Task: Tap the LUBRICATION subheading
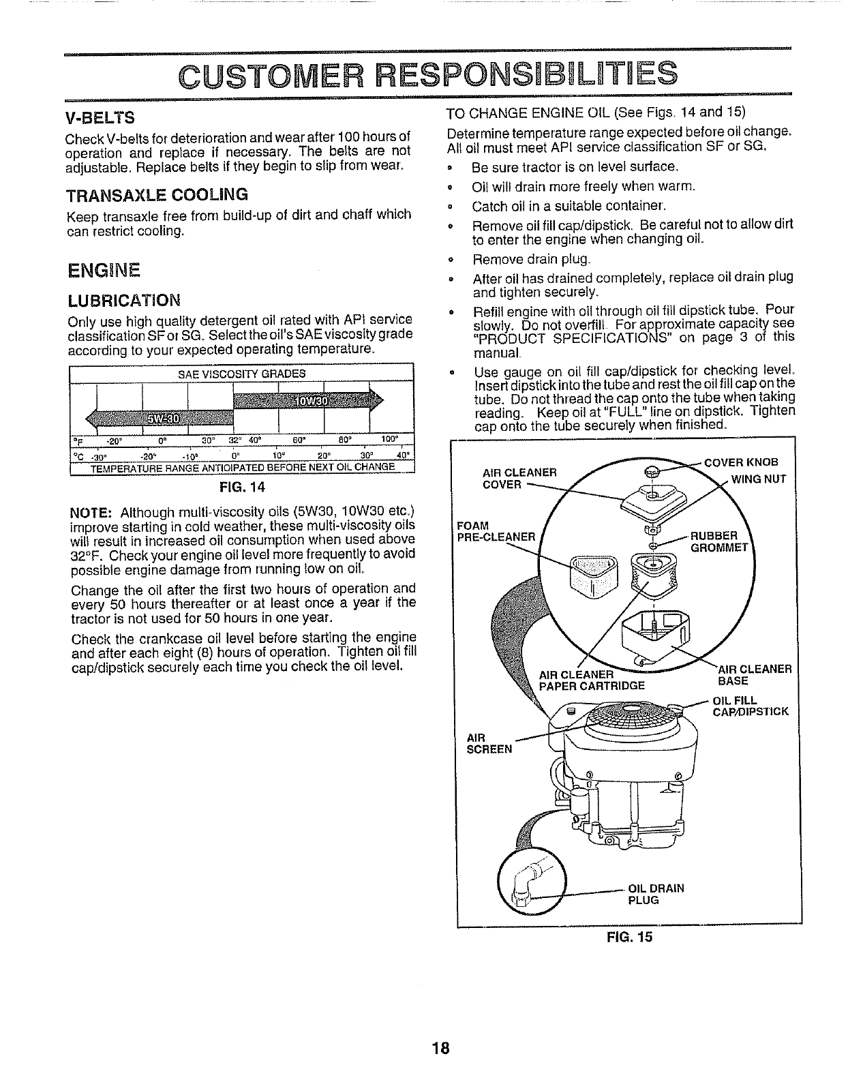[x=125, y=300]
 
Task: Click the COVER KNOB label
[x=740, y=463]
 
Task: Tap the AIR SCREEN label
[x=488, y=742]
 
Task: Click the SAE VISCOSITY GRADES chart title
[x=241, y=374]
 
